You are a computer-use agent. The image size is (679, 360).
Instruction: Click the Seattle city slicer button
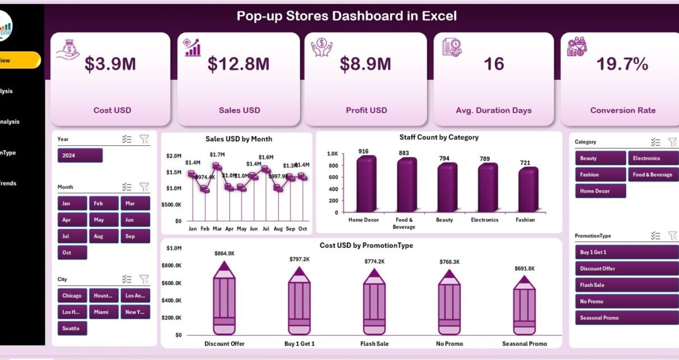[x=72, y=328]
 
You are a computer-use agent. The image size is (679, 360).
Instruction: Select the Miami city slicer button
[x=103, y=312]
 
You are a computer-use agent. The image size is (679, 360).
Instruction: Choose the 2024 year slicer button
[x=80, y=155]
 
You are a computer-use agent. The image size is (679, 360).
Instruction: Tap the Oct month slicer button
[x=72, y=252]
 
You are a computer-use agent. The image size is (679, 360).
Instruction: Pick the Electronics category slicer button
[x=653, y=158]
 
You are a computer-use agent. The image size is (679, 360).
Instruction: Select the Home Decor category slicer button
[x=600, y=191]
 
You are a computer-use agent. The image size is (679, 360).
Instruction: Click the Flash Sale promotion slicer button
[x=626, y=285]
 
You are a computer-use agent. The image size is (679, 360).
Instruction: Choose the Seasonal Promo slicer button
[x=626, y=318]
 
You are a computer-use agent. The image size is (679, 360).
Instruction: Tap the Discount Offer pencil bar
[x=225, y=301]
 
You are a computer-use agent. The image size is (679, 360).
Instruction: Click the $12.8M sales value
[x=238, y=64]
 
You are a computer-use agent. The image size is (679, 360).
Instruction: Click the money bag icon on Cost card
[x=67, y=48]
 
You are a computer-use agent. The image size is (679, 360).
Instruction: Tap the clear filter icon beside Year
[x=144, y=139]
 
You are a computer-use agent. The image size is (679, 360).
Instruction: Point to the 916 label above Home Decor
[x=364, y=151]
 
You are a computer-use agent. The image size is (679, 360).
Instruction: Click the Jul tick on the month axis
[x=266, y=229]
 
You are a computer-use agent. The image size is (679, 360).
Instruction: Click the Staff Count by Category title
[x=439, y=137]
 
